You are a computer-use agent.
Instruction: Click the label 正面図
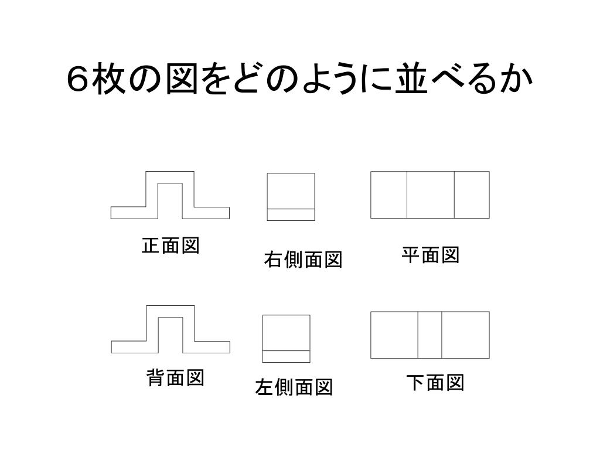tap(171, 246)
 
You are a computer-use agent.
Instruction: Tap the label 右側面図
tap(302, 259)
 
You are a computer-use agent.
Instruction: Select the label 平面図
tap(430, 255)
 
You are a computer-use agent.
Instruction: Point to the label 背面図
tap(175, 379)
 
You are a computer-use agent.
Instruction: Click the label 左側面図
tap(294, 387)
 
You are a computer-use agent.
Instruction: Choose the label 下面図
tap(435, 383)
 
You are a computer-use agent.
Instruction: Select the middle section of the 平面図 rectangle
tap(431, 195)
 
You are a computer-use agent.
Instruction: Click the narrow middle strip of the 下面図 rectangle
tap(429, 335)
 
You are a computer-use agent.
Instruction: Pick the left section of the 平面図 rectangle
tap(388, 195)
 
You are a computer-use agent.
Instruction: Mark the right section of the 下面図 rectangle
tap(465, 335)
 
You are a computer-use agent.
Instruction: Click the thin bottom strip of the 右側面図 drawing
tap(291, 214)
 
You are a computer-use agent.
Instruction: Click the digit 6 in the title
tap(77, 80)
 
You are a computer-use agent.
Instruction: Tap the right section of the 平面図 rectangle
tap(472, 195)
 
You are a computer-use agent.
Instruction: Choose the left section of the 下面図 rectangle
tap(394, 335)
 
